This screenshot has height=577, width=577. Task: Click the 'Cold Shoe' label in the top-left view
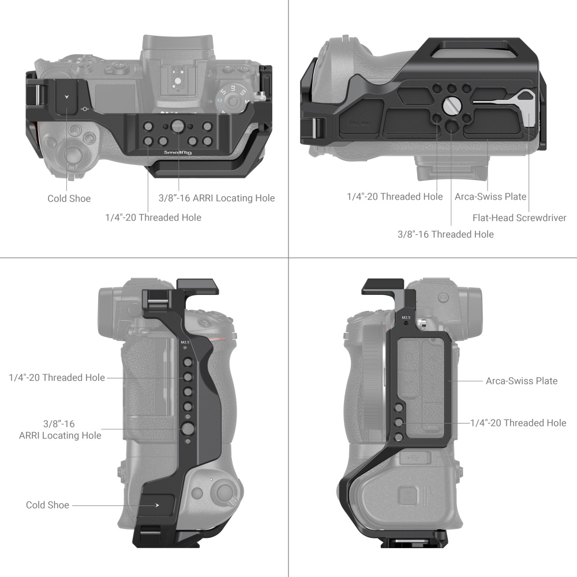[x=69, y=198]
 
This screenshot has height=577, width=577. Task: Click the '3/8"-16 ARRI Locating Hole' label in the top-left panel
[x=216, y=198]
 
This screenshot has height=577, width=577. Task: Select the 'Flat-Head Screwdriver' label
[x=519, y=218]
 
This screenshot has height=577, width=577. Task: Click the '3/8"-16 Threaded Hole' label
[x=445, y=234]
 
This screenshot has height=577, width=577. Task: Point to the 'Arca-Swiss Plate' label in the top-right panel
[x=490, y=196]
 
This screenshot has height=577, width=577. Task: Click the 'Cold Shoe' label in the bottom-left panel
[x=47, y=505]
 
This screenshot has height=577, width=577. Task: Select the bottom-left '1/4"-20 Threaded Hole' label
[x=57, y=377]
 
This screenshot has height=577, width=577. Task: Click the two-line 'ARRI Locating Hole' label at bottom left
[x=60, y=429]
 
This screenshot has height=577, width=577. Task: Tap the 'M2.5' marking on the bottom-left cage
[x=185, y=343]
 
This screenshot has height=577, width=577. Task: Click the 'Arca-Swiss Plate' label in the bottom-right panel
[x=522, y=381]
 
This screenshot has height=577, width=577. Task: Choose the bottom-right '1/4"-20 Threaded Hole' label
[x=518, y=423]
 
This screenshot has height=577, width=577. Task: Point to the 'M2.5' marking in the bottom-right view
[x=406, y=317]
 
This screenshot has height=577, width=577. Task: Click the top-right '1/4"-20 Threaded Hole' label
[x=395, y=196]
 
